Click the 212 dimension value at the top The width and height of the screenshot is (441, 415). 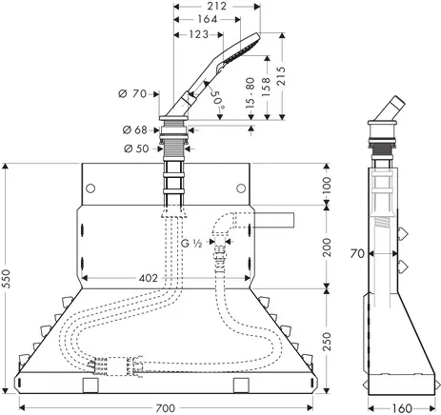217,6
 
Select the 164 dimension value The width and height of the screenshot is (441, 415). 207,19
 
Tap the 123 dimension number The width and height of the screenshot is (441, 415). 198,34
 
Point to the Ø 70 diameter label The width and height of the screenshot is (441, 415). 132,93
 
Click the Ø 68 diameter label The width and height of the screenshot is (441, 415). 135,129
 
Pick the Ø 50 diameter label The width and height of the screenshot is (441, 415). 136,148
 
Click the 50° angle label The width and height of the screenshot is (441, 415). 216,100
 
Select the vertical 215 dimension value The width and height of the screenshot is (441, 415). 281,75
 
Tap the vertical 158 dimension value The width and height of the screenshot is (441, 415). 266,87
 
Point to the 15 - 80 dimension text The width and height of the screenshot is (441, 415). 251,92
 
